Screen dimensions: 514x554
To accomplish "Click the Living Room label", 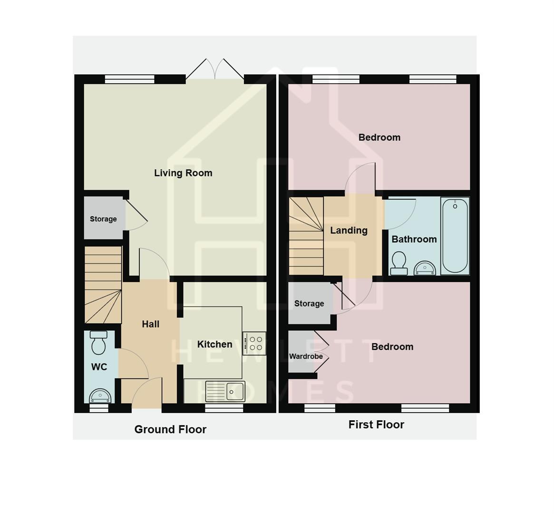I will pos(183,173).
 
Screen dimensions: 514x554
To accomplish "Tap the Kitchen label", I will pos(214,344).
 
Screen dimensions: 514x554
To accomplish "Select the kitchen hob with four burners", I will pos(254,343).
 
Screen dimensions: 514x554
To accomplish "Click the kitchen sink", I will pos(225,391).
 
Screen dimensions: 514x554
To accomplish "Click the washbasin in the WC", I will pos(100,395).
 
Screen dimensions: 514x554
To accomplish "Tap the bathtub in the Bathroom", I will pos(455,236).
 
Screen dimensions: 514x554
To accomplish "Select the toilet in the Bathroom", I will pos(398,263).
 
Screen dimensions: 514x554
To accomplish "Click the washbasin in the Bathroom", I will pos(425,268).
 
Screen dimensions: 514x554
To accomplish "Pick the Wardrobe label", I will pos(306,356).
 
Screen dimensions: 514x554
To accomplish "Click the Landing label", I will pos(349,230).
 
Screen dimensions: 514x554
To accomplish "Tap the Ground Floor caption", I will pos(170,429).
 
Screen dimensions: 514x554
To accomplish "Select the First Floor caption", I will pos(376,425).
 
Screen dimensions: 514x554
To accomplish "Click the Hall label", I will pos(150,324).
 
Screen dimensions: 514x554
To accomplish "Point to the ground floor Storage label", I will pos(103,219).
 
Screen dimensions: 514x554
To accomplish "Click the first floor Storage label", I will pos(309,304).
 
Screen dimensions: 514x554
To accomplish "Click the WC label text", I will pos(99,367).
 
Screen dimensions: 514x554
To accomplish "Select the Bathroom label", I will pos(414,239).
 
